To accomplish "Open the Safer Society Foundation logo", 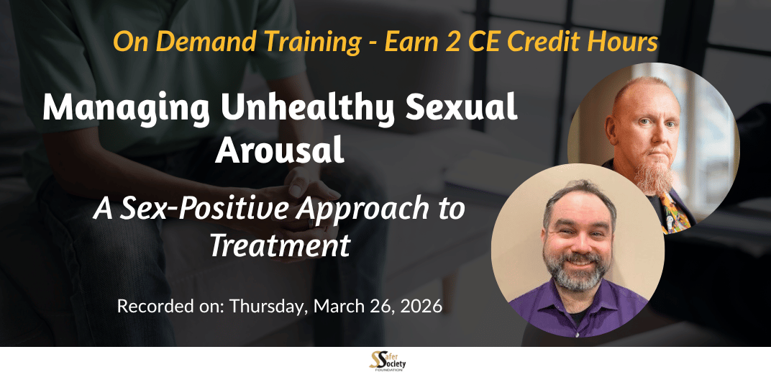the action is point(387,361).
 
